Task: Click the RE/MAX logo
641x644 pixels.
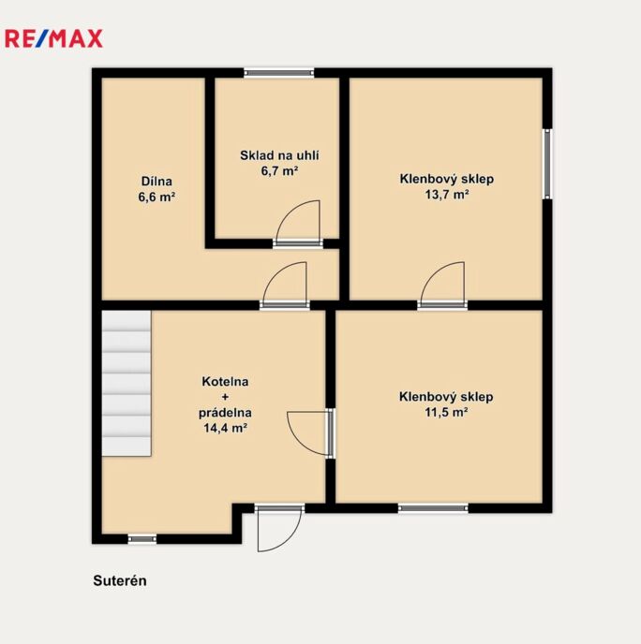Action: [53, 38]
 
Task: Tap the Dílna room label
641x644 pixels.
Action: [157, 182]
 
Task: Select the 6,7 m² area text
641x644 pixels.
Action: [279, 171]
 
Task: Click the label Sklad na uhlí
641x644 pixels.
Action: [279, 155]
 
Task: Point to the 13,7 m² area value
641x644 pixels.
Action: [447, 195]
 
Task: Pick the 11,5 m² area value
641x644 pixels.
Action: [446, 412]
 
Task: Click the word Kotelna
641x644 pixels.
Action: [225, 382]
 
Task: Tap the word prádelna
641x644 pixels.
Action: [225, 413]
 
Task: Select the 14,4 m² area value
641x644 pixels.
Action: [225, 428]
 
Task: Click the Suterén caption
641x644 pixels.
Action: [120, 580]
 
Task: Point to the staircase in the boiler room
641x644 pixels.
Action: [127, 383]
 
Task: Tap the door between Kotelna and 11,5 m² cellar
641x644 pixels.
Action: [311, 433]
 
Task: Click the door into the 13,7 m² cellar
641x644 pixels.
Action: [443, 285]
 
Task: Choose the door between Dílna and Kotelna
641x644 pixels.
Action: [285, 285]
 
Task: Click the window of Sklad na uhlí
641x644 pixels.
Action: [278, 73]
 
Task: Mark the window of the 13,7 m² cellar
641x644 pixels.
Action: [547, 164]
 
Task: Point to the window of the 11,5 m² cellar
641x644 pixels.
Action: [433, 508]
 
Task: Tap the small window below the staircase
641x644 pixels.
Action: [142, 539]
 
